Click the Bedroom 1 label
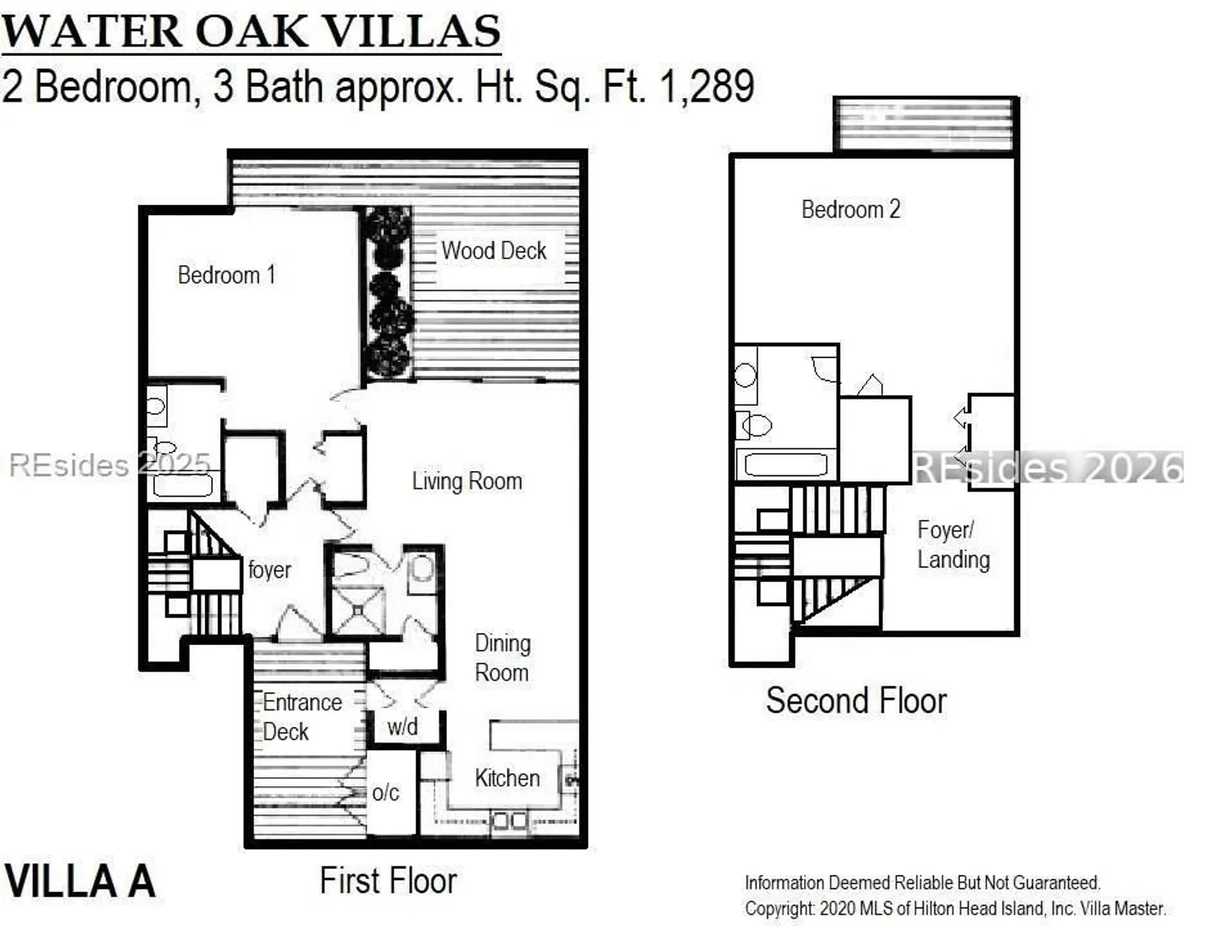[226, 276]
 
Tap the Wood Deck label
[493, 251]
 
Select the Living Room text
[467, 481]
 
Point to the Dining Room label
[503, 658]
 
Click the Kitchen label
[507, 778]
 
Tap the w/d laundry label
[402, 727]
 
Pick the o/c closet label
[385, 793]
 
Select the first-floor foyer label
[269, 569]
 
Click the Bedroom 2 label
[851, 209]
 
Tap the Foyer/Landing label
[953, 545]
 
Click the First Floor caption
[388, 881]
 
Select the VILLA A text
[79, 882]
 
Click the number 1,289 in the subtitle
[707, 86]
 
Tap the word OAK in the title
[251, 31]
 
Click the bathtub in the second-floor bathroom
[785, 465]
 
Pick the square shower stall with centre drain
[358, 611]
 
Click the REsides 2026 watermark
[1049, 468]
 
